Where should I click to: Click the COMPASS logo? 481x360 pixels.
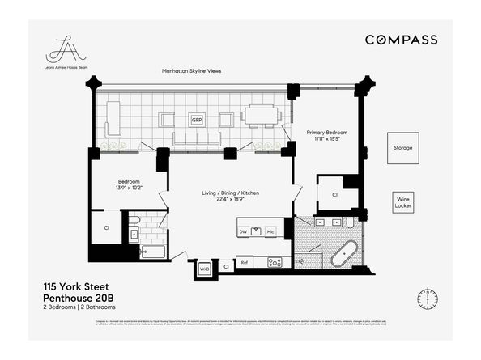401,40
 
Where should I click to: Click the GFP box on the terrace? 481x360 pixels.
196,120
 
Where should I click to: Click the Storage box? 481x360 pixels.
402,148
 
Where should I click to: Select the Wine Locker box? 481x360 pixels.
402,201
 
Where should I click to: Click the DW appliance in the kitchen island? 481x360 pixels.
243,231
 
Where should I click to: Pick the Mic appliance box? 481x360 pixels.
270,231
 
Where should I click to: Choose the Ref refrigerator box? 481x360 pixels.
244,262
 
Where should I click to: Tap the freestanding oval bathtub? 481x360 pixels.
344,254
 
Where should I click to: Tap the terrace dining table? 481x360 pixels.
260,116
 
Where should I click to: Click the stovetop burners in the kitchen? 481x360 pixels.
275,262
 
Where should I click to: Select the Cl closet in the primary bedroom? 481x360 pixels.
334,195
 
